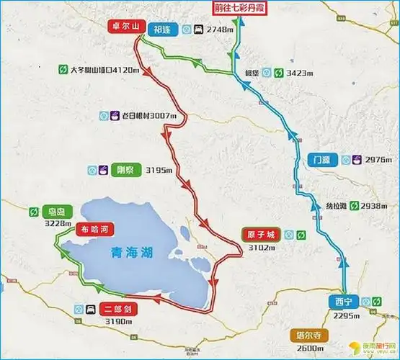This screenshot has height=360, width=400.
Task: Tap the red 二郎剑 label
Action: [119, 309]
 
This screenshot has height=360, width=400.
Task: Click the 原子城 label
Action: [259, 234]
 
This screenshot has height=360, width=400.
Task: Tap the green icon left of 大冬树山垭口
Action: [63, 70]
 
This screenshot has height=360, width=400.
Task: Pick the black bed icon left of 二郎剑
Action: [89, 309]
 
